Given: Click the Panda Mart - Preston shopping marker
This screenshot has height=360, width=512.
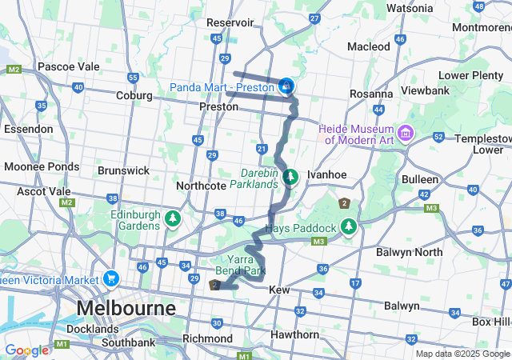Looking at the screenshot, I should [x=286, y=86].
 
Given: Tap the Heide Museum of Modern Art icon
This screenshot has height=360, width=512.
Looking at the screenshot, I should [x=406, y=131].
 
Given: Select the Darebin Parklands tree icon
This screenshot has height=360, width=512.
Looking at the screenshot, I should [x=292, y=176].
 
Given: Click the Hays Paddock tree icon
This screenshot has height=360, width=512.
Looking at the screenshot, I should [x=348, y=228].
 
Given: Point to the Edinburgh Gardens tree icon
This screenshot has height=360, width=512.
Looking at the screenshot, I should [x=172, y=218].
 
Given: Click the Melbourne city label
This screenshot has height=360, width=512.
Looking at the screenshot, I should [x=126, y=308].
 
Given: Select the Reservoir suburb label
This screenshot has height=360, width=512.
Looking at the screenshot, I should [x=230, y=22].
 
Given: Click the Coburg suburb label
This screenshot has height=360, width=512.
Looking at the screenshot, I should [x=134, y=95].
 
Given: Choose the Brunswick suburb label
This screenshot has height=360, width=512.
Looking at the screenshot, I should [x=123, y=170].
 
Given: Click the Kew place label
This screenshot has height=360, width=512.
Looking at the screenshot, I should [x=279, y=290].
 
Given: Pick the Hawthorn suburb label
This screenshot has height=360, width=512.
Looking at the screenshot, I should [x=294, y=334].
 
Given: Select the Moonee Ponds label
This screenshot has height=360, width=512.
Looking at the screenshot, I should [x=42, y=166].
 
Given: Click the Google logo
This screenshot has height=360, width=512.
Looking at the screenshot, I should [x=26, y=350].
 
